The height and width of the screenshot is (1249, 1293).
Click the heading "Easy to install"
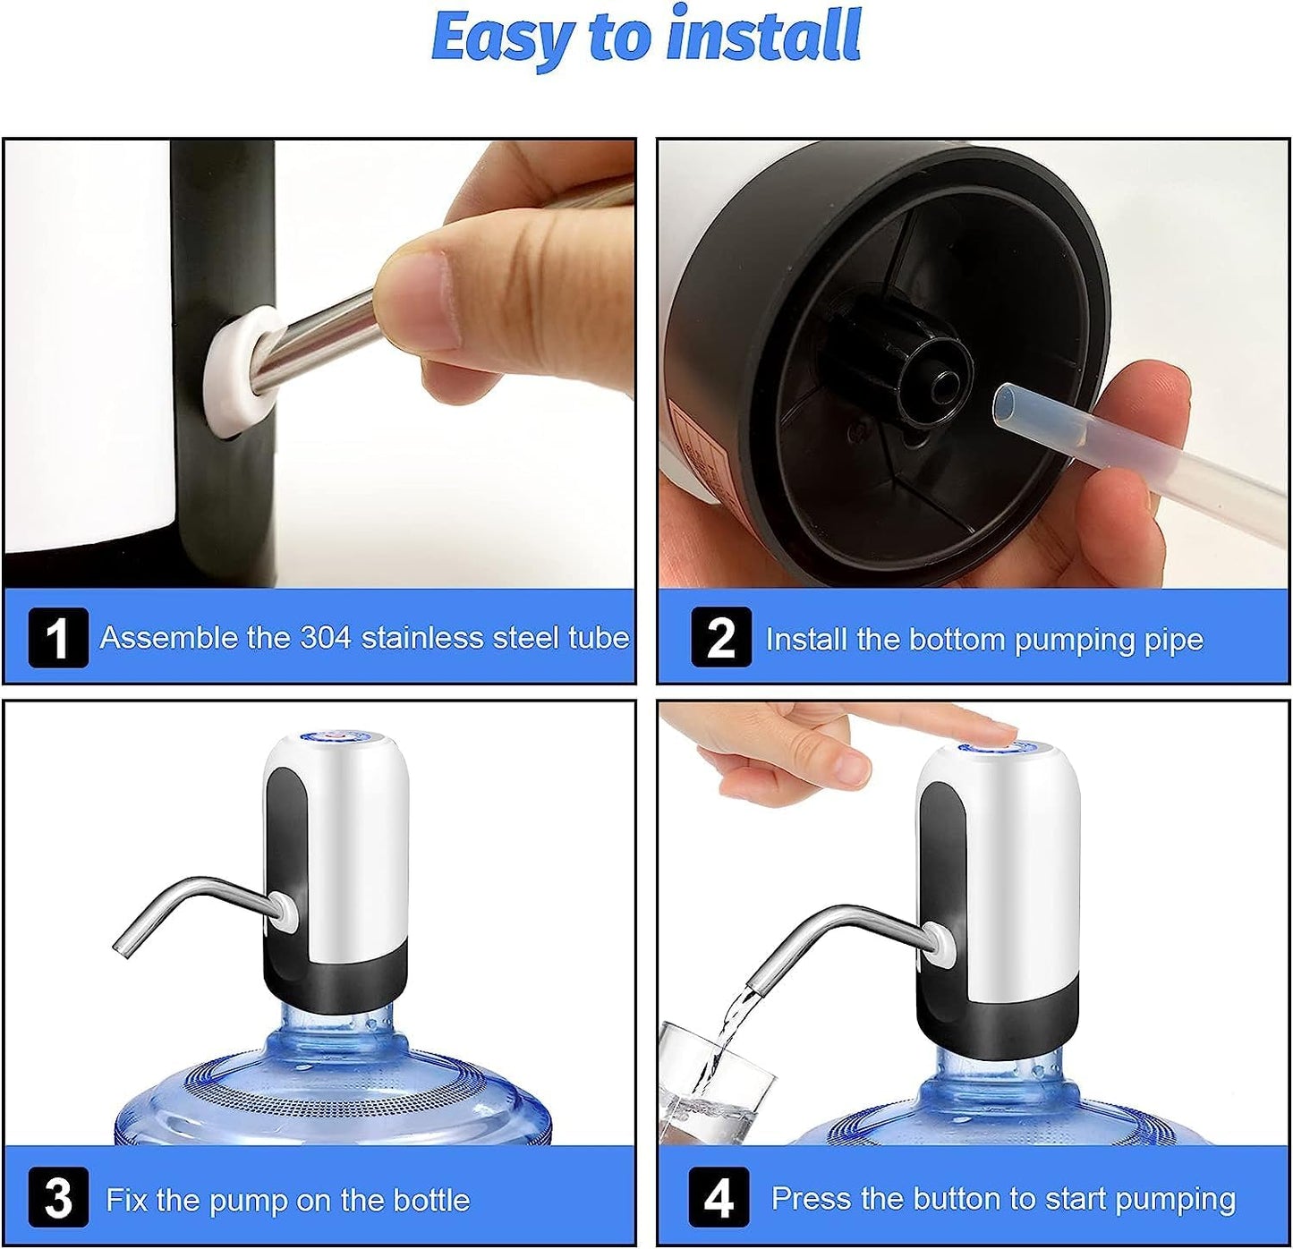coord(646,36)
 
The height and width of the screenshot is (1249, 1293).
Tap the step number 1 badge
coord(58,637)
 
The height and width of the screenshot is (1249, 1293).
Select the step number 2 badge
coord(720,637)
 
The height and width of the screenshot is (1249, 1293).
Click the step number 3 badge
coord(58,1197)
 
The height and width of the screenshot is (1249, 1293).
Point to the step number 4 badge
coord(719,1197)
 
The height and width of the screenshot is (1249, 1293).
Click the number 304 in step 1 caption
coord(326,637)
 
